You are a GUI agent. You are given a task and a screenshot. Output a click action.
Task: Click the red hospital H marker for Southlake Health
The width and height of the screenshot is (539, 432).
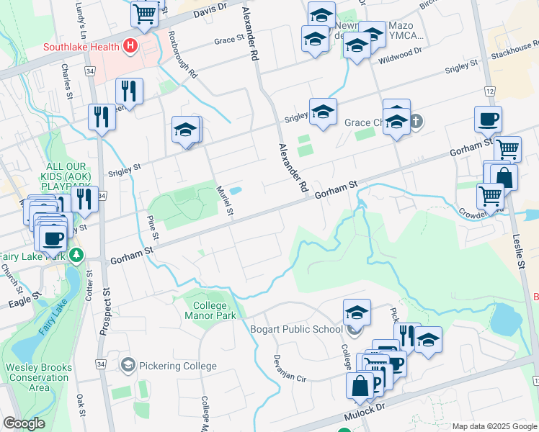[130, 48]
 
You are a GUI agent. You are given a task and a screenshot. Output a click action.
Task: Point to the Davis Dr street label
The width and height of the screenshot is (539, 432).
[210, 9]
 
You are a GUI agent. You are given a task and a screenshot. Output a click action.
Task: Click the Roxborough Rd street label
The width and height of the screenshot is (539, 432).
[182, 55]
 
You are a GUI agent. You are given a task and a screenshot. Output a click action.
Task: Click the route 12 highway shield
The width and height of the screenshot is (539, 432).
[489, 91]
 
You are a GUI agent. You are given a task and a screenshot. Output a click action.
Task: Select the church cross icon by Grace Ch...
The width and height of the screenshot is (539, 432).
[416, 122]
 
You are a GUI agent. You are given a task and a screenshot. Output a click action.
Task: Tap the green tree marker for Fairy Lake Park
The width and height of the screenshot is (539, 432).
[76, 255]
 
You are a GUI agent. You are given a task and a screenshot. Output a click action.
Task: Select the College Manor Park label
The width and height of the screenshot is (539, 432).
[210, 310]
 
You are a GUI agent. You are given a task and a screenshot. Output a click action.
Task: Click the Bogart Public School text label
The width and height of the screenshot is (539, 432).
[296, 330]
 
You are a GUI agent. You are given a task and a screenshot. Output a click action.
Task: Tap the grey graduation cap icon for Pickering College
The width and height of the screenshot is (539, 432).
[128, 366]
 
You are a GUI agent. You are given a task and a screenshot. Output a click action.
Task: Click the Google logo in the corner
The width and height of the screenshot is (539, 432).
[24, 423]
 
